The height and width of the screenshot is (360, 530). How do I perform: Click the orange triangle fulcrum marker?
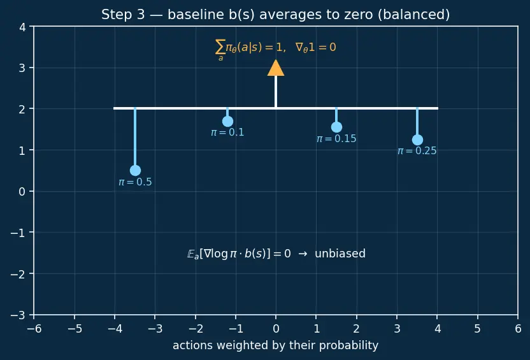(x=276, y=68)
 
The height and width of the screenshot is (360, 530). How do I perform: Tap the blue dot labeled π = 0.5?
(x=135, y=170)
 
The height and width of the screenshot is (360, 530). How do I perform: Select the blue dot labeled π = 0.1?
(x=227, y=121)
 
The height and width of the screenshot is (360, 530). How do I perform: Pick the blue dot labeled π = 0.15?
(x=336, y=127)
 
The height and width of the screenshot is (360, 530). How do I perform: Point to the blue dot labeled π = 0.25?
(x=417, y=140)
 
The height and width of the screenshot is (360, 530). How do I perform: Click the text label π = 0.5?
(x=135, y=182)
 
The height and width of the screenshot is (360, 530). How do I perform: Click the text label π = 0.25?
(x=417, y=151)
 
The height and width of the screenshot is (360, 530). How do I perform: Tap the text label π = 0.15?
(x=336, y=139)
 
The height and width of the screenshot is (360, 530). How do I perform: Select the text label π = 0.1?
(x=227, y=132)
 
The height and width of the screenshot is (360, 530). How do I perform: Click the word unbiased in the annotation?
(x=340, y=254)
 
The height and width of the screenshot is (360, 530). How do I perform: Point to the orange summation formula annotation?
(x=275, y=49)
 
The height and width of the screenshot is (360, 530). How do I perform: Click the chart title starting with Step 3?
(x=275, y=15)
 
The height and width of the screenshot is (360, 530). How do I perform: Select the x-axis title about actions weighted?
(x=275, y=345)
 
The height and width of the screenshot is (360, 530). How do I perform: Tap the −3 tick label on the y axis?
(x=18, y=315)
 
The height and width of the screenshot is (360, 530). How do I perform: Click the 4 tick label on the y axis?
(x=22, y=27)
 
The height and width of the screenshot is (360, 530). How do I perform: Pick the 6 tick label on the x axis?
(x=518, y=329)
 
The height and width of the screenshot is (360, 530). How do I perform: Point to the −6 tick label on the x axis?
(x=34, y=329)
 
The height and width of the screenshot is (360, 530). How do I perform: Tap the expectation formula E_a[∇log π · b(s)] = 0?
(x=239, y=254)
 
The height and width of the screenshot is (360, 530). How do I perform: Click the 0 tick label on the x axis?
(x=276, y=329)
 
